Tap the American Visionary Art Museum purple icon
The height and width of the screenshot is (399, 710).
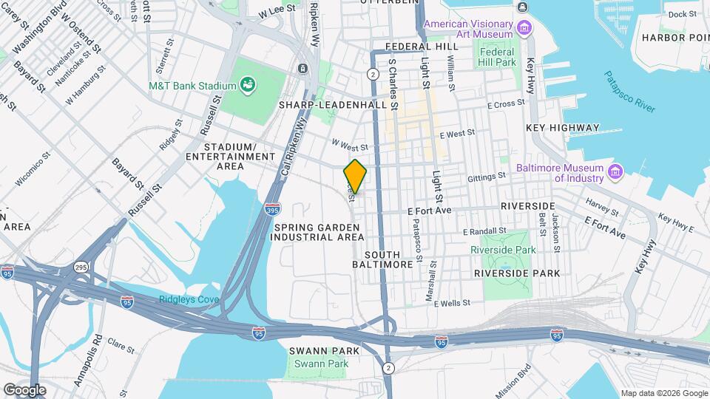tap(524, 29)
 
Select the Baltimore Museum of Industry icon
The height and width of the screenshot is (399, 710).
tap(615, 172)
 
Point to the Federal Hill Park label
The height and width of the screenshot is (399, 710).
tap(497, 57)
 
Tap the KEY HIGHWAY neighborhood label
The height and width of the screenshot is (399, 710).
tap(562, 128)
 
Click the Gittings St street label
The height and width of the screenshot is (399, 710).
tap(487, 177)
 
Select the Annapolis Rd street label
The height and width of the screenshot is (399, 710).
tap(98, 353)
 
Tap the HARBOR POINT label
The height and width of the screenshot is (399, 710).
tap(674, 38)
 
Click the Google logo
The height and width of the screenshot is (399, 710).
tap(24, 389)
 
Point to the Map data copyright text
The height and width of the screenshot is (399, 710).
tap(663, 393)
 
